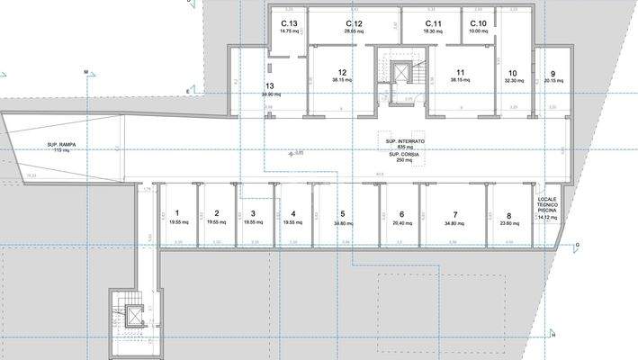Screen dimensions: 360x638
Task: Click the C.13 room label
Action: (289, 23)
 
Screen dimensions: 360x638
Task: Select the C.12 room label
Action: (354, 23)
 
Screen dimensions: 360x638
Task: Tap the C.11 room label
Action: (433, 23)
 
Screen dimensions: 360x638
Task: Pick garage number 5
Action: (342, 213)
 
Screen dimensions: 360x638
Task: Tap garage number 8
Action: (508, 216)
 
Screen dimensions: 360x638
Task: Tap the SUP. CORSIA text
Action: (405, 154)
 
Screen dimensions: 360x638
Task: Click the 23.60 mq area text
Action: (508, 225)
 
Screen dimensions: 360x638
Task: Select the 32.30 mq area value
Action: (513, 81)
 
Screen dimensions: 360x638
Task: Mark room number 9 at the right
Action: (553, 73)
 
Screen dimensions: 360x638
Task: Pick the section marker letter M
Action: (86, 71)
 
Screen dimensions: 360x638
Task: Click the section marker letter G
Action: (576, 245)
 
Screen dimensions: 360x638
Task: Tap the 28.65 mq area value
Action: (354, 31)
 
